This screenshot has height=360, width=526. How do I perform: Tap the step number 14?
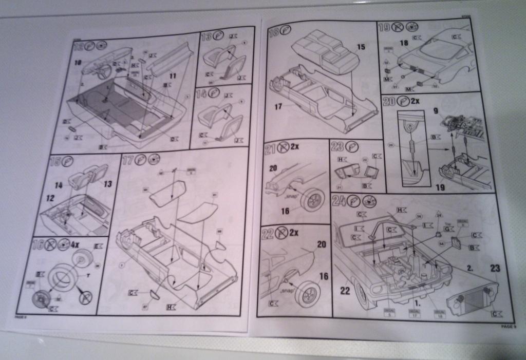tap(202, 94)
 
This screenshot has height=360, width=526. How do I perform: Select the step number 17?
tap(127, 160)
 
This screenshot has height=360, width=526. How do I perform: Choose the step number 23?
tap(337, 146)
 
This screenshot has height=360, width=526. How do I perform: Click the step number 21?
tap(270, 150)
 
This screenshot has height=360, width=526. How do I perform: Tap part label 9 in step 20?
tap(435, 110)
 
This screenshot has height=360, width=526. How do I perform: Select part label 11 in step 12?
tap(173, 76)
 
